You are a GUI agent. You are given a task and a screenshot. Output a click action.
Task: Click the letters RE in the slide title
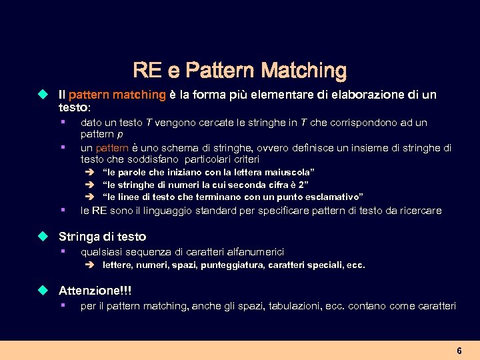pos(144,70)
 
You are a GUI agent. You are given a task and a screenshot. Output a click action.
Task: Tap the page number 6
pos(459,351)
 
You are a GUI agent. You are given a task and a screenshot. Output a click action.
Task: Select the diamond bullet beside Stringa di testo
pos(44,237)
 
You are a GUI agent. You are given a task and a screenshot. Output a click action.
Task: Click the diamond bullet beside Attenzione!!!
pos(44,291)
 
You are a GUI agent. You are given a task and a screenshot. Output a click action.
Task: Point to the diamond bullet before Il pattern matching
pos(44,95)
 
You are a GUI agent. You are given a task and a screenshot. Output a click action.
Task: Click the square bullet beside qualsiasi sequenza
pos(61,251)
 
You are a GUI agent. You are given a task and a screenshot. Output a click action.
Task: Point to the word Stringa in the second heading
pos(77,237)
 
